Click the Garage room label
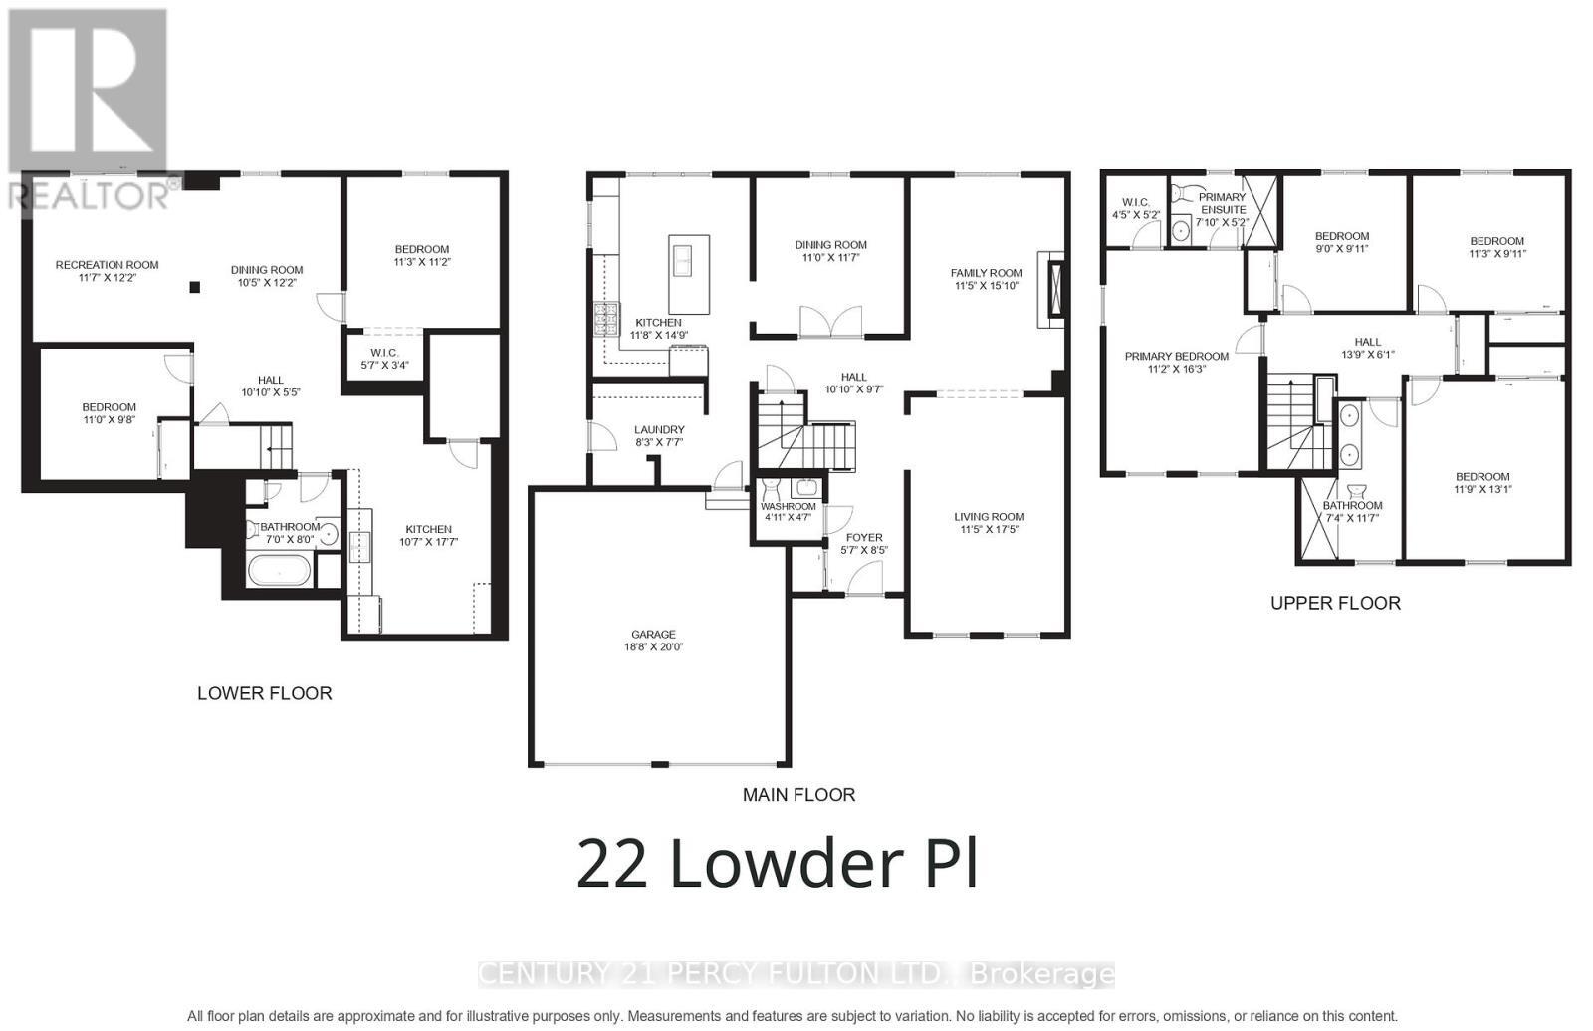coord(653,635)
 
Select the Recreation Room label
coord(107,265)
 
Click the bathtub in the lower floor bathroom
coord(279,572)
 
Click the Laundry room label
coord(659,430)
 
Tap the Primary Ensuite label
coord(1222,203)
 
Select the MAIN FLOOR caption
coord(798,795)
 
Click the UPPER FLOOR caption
coord(1335,603)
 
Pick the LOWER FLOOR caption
coord(264,693)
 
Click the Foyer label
coord(863,538)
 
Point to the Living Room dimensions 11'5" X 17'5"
coord(989,530)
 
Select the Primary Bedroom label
coord(1176,356)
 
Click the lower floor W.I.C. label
coord(384,352)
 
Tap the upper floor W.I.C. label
coord(1135,202)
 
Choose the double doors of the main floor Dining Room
coord(830,321)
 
